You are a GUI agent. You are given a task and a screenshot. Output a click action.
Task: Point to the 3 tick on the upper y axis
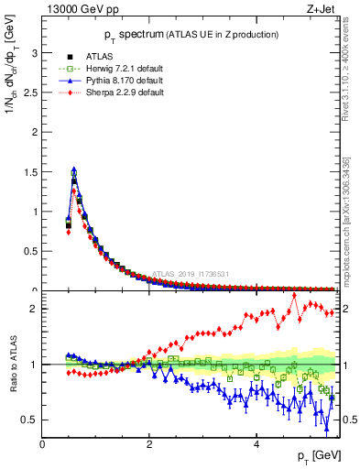(35, 53)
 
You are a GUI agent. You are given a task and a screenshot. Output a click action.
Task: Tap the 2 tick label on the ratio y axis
(35, 309)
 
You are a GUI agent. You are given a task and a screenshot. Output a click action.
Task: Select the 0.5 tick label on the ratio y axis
(30, 420)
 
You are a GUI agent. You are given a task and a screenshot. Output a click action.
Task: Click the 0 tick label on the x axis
(42, 444)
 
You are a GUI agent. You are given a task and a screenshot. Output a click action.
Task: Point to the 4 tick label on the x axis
(256, 444)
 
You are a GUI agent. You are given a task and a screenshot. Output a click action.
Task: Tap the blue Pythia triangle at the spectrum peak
(74, 169)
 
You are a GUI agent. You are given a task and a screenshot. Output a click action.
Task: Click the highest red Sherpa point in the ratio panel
(295, 295)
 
